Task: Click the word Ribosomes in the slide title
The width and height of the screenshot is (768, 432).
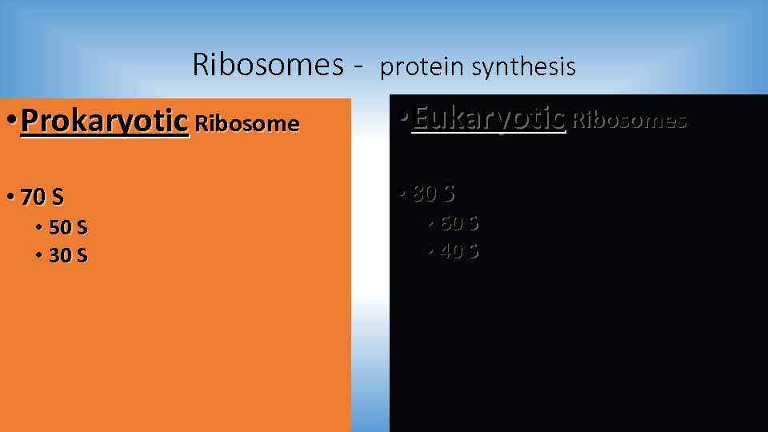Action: point(268,65)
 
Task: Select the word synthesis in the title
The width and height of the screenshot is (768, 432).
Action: point(523,67)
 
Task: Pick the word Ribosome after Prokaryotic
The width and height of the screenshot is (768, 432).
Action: point(246,124)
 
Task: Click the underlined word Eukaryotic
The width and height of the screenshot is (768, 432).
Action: point(489,118)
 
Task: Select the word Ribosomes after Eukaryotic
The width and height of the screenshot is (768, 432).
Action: point(630,121)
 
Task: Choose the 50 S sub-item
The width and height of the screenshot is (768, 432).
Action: point(68,228)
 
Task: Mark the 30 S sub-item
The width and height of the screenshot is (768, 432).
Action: point(68,256)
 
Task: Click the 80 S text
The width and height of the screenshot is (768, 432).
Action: point(434,193)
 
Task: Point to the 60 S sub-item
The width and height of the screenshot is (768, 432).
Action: point(459,223)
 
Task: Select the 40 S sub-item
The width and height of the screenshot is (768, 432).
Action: point(459,251)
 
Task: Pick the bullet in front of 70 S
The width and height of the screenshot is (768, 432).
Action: point(10,197)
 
